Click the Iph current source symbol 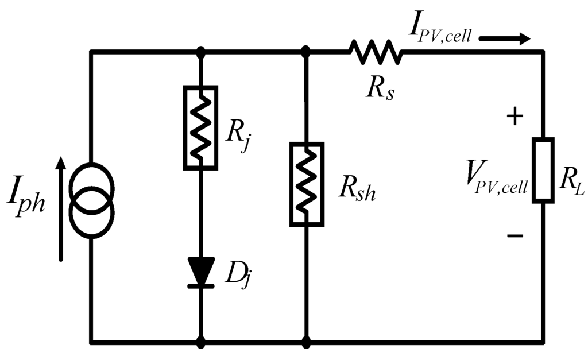pos(91,199)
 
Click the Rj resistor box pos(200,127)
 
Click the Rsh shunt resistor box pos(306,184)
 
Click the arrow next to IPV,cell pos(504,40)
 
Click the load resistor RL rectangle pos(543,170)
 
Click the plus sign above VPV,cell pos(515,117)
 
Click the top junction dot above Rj pos(200,52)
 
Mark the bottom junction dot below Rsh pos(306,343)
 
